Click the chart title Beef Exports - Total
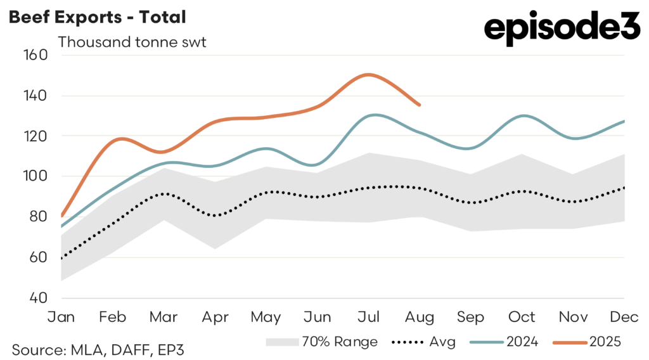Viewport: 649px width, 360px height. (97, 17)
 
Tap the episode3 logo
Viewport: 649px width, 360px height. (561, 29)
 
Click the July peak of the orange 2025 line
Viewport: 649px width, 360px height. (368, 75)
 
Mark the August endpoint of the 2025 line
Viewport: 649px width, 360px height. (419, 105)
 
